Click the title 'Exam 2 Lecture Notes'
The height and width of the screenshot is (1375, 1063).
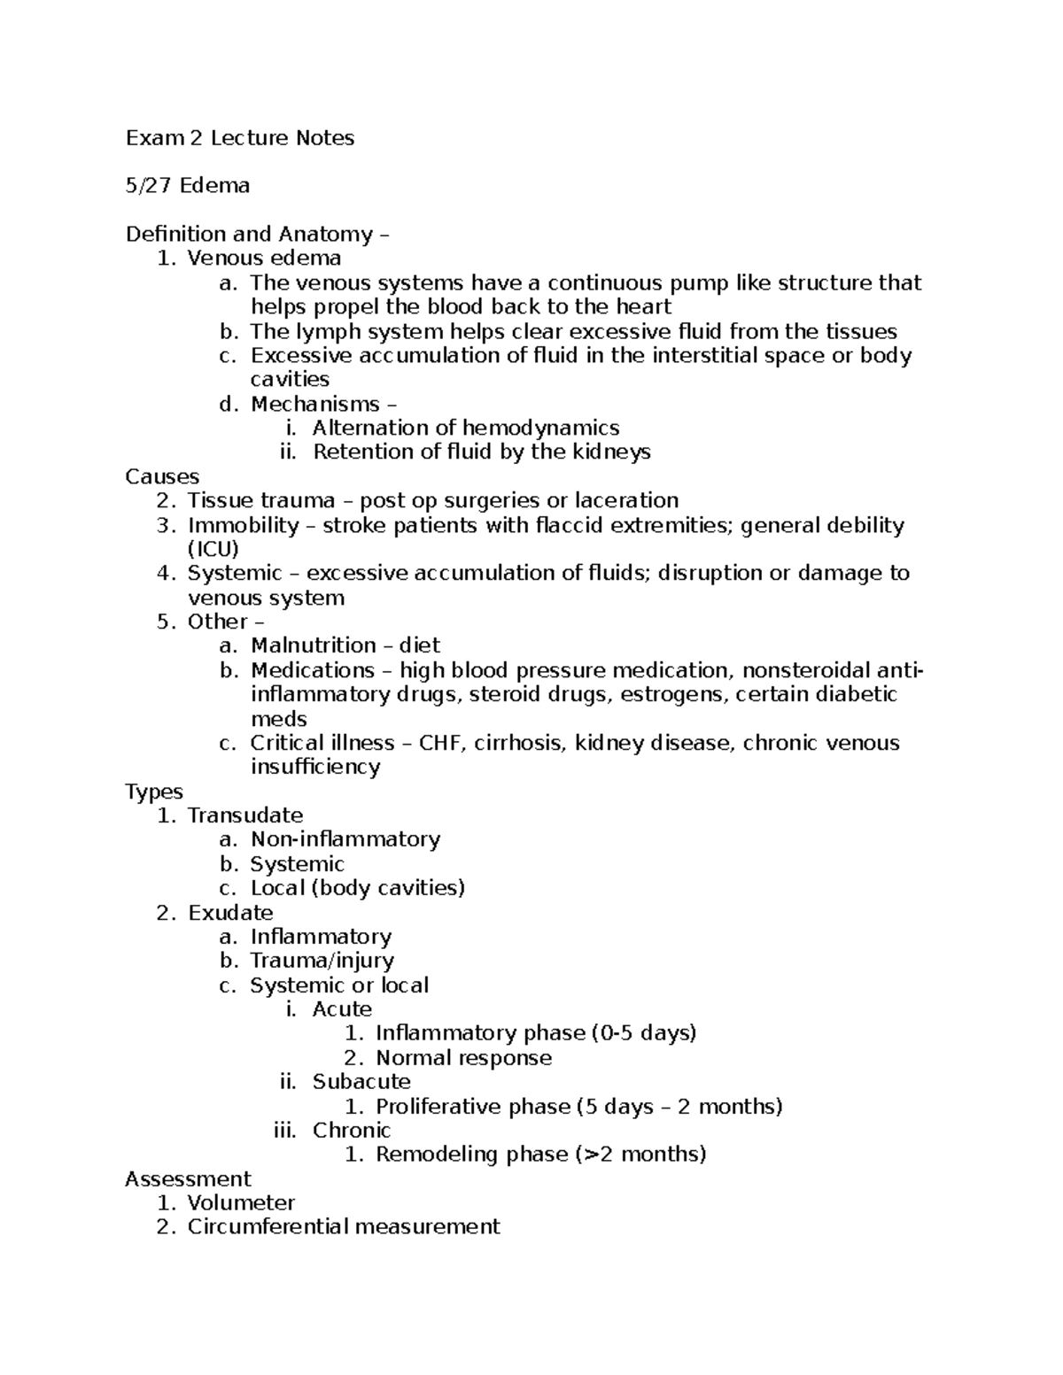click(240, 138)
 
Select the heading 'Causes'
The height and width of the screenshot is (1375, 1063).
click(162, 476)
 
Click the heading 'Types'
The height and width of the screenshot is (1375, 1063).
click(154, 792)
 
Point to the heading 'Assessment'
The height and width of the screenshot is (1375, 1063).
click(188, 1179)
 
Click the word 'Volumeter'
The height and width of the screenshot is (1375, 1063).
click(241, 1203)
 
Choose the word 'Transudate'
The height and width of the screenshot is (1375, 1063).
click(245, 815)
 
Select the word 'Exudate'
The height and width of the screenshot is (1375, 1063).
click(230, 913)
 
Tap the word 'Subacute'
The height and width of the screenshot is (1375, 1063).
click(361, 1082)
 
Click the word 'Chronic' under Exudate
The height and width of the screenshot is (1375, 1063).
click(352, 1131)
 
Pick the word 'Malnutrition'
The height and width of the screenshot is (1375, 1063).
click(314, 645)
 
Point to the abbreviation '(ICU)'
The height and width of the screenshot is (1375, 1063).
click(213, 549)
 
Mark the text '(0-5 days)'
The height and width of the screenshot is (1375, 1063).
click(645, 1033)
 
